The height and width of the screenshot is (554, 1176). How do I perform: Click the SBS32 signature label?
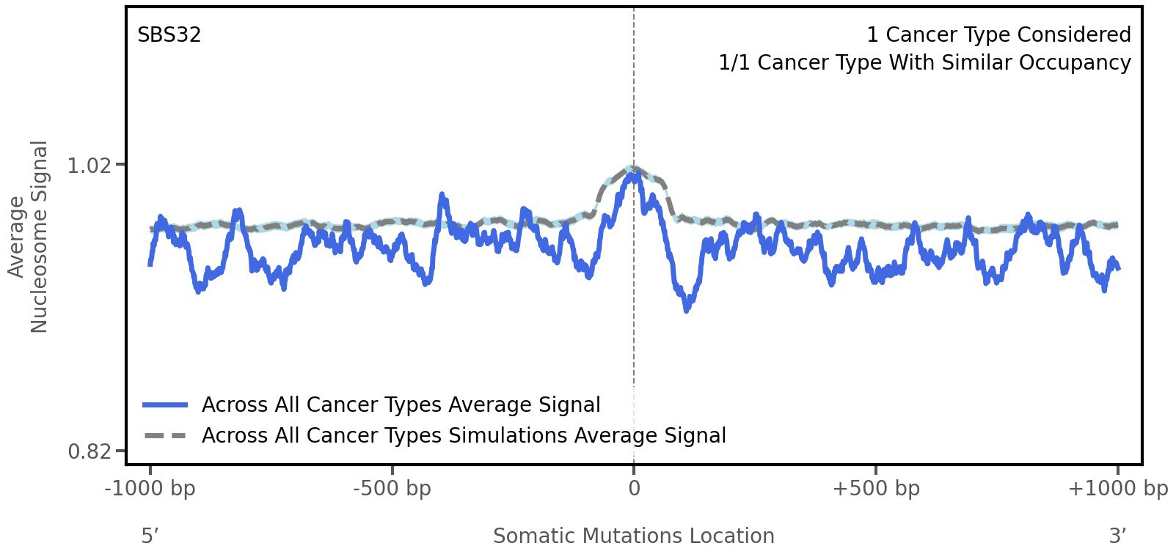[169, 35]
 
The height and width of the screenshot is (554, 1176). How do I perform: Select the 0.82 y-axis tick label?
[90, 451]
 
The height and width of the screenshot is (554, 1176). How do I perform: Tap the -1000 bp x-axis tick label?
[150, 489]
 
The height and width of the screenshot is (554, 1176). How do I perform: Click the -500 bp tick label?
[392, 489]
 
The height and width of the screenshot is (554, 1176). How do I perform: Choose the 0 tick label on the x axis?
[634, 489]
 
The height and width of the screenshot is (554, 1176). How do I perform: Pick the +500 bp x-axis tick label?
[876, 489]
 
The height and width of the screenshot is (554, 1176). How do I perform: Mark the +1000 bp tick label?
[1117, 489]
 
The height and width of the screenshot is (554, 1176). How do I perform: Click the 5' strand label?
[150, 536]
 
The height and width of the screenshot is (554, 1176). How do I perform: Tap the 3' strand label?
[1117, 536]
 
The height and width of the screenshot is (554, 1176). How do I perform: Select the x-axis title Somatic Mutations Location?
[633, 536]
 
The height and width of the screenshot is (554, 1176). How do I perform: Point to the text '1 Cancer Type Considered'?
[998, 35]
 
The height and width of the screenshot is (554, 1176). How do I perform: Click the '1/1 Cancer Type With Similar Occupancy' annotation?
[924, 63]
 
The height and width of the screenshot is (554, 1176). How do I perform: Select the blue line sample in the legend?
[166, 405]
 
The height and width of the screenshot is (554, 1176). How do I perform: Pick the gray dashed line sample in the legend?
[166, 436]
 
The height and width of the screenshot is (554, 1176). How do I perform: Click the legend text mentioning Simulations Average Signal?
[464, 436]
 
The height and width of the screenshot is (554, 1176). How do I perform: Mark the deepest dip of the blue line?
[687, 310]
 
